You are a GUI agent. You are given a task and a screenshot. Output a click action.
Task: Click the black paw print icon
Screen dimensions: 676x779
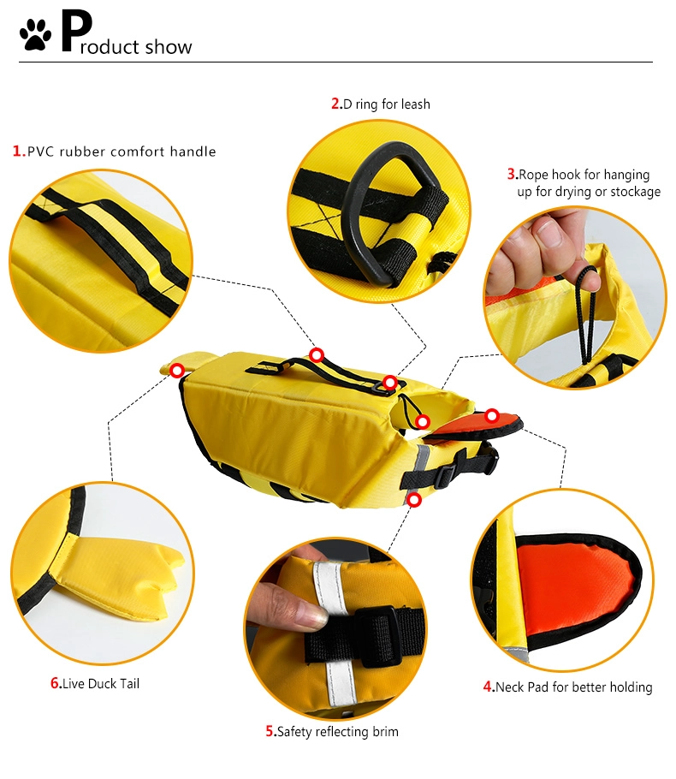(x=35, y=35)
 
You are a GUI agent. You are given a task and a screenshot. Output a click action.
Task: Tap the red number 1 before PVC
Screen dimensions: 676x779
(x=18, y=151)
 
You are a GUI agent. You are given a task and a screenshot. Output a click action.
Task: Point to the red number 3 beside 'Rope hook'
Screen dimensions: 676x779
(x=512, y=175)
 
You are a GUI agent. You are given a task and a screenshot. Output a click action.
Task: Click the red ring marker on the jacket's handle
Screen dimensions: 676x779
(x=317, y=355)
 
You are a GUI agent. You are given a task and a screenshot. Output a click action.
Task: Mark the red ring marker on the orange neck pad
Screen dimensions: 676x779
(x=492, y=415)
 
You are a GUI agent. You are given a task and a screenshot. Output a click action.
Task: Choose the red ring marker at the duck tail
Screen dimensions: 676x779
(x=177, y=370)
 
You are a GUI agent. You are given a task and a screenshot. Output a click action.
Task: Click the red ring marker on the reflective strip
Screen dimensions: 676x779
(x=414, y=500)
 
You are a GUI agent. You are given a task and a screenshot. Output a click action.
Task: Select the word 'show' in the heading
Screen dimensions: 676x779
(x=169, y=47)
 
